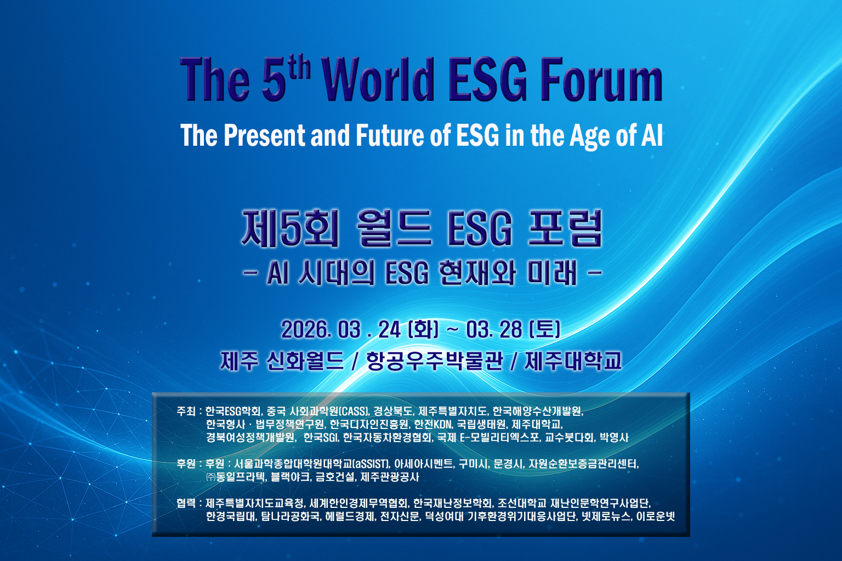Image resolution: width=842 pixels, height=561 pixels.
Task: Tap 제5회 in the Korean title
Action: (290, 229)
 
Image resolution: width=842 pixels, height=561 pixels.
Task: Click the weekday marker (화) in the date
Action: (423, 330)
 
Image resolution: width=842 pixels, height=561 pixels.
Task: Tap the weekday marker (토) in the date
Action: (544, 330)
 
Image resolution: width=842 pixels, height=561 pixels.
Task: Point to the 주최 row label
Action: (186, 411)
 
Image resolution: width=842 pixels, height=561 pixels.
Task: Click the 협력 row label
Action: (186, 503)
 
